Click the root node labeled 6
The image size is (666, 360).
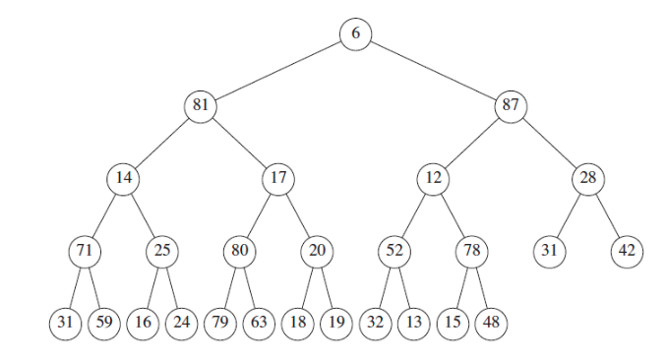tap(355, 33)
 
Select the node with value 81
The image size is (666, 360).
tap(200, 105)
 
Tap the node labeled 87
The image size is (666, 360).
tap(511, 105)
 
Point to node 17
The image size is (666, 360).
tap(277, 178)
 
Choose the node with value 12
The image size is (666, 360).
tap(433, 178)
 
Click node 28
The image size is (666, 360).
tap(588, 178)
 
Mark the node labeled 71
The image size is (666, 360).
tap(84, 250)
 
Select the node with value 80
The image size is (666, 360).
tap(239, 250)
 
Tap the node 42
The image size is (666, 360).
tap(627, 250)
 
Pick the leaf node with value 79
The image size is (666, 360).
tap(219, 322)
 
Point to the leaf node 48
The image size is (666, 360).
tap(491, 322)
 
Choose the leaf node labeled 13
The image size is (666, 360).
tap(413, 322)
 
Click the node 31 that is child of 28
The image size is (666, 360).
tap(549, 250)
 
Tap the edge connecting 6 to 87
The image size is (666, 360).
tap(433, 69)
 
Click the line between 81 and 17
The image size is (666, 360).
tap(239, 142)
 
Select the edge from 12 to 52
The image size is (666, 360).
tap(413, 214)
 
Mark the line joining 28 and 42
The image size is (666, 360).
tap(608, 214)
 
